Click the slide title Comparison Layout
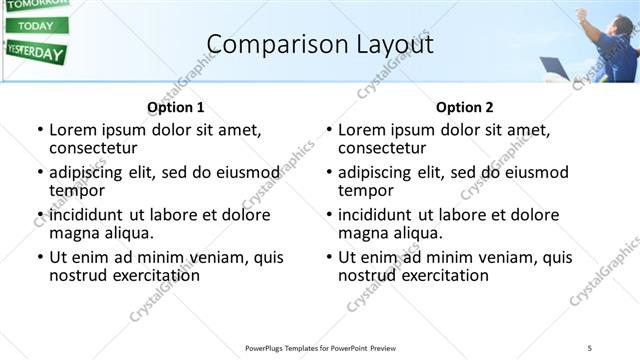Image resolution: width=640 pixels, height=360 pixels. coord(320,44)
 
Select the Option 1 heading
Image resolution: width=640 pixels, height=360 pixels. coord(175,107)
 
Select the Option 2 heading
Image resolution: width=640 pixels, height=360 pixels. coord(464,107)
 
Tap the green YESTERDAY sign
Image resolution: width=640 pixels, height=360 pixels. coord(35,52)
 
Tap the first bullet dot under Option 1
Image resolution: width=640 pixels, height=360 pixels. coord(39,130)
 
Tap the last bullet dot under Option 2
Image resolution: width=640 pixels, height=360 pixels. coord(328,257)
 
